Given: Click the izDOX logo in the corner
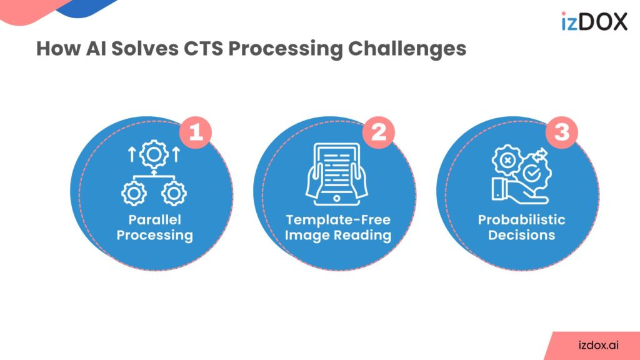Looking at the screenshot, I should (594, 21).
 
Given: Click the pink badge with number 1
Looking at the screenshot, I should (196, 132).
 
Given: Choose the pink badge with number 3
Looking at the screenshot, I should (561, 132).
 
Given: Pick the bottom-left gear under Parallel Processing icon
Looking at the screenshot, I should (132, 194).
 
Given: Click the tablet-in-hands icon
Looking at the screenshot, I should (334, 174).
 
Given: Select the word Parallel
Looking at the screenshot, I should (154, 220).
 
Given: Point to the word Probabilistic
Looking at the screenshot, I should (521, 220).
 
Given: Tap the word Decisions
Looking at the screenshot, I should (521, 236).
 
